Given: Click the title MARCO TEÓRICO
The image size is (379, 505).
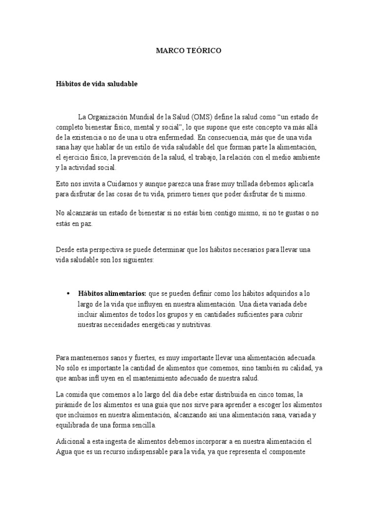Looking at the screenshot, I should tap(189, 50).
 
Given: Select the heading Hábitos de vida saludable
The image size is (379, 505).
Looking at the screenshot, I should tap(96, 84).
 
